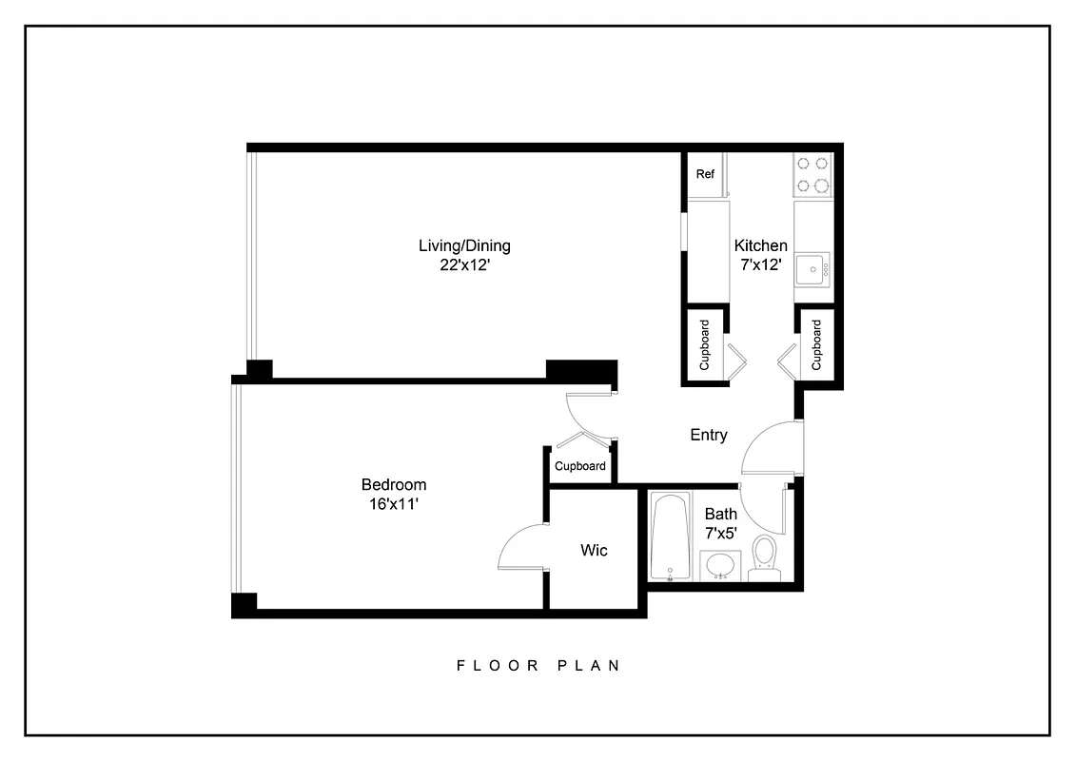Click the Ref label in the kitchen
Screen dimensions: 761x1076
[705, 174]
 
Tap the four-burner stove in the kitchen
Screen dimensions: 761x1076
[813, 174]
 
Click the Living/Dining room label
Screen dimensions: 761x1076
[464, 245]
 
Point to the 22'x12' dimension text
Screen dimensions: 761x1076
[464, 265]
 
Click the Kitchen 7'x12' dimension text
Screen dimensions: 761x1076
[760, 265]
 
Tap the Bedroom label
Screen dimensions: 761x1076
[394, 484]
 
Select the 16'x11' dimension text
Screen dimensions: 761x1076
[394, 504]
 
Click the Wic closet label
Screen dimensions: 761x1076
[594, 550]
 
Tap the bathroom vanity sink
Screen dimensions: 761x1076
[720, 567]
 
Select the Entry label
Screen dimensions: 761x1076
[708, 435]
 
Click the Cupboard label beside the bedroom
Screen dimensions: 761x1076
[580, 466]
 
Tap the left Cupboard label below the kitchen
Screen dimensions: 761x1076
[705, 345]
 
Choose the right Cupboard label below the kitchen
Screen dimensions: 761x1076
[816, 345]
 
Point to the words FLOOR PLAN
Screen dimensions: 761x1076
[538, 666]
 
